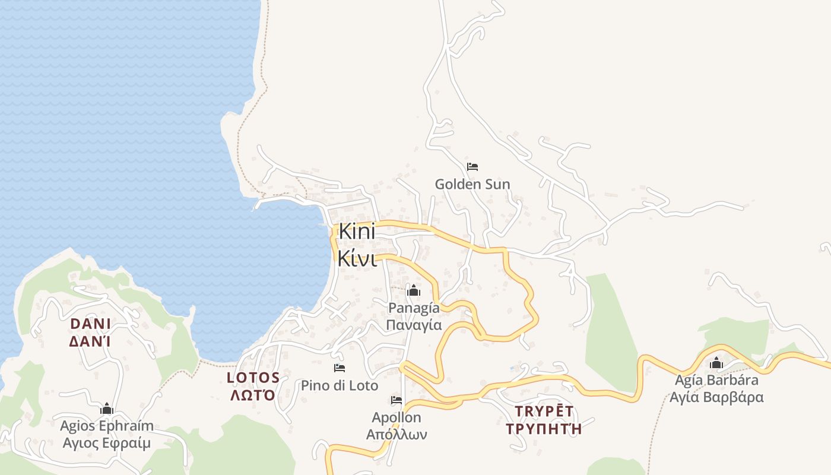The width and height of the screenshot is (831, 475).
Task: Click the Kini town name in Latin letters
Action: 357,232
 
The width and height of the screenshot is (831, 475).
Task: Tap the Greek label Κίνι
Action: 357,258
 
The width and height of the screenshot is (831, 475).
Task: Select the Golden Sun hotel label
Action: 472,184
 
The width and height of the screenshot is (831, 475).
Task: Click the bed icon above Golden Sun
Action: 472,167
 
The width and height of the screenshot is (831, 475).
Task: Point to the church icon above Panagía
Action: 414,290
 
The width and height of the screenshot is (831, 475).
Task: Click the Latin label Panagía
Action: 414,308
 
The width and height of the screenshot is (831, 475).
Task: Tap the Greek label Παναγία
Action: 414,325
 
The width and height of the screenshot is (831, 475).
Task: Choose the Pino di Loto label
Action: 340,385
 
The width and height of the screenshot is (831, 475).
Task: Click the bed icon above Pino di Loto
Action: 340,368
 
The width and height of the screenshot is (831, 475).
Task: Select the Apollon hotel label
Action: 397,417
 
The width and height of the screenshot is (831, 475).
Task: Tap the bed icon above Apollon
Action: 397,400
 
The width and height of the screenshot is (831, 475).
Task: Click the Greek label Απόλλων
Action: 397,435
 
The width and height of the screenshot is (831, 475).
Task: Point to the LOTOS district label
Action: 253,378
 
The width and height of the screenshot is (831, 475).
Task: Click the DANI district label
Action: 91,324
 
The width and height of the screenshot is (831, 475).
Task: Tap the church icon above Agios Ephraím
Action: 107,408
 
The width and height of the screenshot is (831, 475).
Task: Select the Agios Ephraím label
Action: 107,426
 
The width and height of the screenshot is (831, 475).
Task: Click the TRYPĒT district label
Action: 544,411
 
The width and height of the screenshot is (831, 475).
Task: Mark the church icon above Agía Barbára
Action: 716,362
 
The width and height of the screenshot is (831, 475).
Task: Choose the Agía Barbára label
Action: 716,379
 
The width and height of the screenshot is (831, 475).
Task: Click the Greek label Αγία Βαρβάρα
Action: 716,397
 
